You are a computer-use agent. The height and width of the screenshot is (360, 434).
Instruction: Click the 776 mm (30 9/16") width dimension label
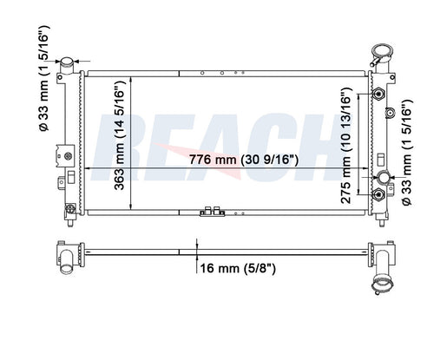coord(243,160)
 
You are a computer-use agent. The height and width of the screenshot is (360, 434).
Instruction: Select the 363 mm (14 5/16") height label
coord(119,135)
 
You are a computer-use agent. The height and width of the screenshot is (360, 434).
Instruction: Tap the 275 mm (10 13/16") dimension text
coord(346,146)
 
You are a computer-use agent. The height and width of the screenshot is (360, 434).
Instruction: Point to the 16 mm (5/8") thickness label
coord(238,269)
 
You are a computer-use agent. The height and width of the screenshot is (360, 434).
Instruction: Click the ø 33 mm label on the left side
coord(44,78)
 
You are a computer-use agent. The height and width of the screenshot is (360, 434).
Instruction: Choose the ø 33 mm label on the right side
coord(406,153)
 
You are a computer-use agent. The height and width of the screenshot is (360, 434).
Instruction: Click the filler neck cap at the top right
coord(382,51)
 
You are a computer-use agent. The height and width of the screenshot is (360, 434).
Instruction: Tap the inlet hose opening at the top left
coord(67,62)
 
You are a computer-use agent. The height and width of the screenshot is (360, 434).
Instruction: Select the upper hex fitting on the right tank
coord(378,94)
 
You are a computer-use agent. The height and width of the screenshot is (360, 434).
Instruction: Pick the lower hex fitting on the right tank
coord(378,194)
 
